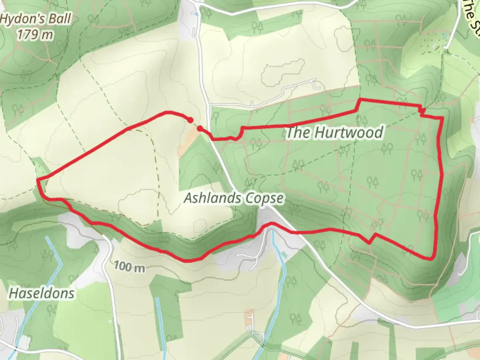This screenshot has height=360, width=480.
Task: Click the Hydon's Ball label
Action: tap(36, 19)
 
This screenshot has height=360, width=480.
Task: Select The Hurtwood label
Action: tap(334, 132)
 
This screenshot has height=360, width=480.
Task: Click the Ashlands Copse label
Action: tap(234, 198)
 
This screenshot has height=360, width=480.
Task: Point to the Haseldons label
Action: tap(42, 293)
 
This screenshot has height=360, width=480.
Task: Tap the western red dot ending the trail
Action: tap(190, 120)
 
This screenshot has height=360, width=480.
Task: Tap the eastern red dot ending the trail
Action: tap(199, 128)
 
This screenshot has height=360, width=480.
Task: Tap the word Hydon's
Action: tap(23, 19)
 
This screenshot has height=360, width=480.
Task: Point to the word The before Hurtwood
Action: tap(298, 132)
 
